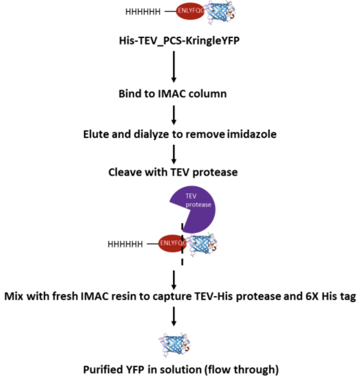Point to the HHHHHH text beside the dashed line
pos(125,243)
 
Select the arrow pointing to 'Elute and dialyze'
pos(174,115)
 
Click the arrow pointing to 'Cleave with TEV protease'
pos(174,154)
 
